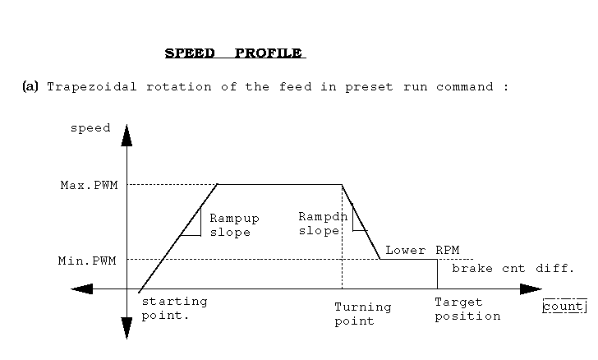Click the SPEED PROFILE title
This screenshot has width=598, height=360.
click(x=235, y=53)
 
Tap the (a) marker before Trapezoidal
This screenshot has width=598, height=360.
click(x=30, y=86)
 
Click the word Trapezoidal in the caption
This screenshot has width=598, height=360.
click(x=91, y=87)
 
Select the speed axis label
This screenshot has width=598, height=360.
click(x=90, y=128)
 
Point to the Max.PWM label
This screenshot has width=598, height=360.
click(x=89, y=185)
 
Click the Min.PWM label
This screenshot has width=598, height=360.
click(x=87, y=261)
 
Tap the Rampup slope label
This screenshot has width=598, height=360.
click(x=235, y=225)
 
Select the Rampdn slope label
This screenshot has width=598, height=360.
click(x=323, y=224)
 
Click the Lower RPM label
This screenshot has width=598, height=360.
click(x=422, y=251)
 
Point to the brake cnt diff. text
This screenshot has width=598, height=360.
click(x=513, y=269)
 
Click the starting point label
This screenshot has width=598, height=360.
click(x=175, y=308)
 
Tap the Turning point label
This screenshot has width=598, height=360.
click(x=363, y=314)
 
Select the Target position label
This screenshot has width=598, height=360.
click(x=467, y=309)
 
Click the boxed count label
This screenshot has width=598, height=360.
click(x=564, y=307)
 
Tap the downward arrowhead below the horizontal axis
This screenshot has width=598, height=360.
click(x=126, y=328)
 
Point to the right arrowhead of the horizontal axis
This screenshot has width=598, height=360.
click(x=531, y=289)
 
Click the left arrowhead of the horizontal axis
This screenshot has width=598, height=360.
click(x=81, y=289)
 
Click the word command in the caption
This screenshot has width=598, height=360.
click(x=465, y=87)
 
